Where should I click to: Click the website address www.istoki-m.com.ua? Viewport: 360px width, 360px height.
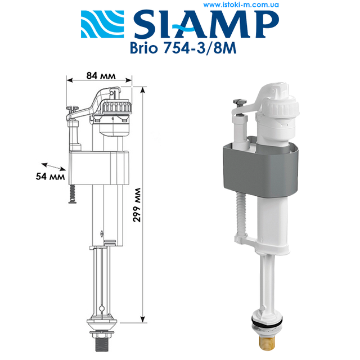242,4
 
